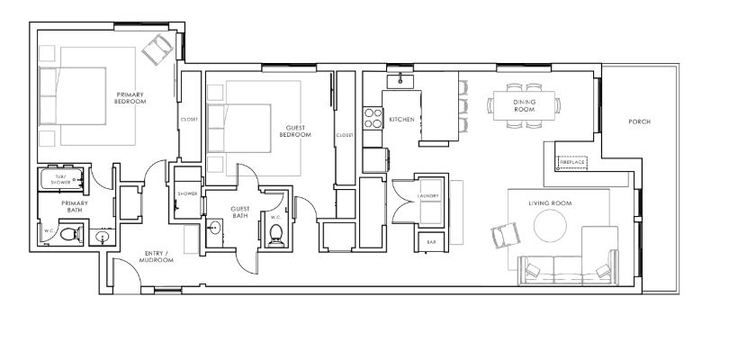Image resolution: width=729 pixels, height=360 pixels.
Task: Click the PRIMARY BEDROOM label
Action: tap(130, 98)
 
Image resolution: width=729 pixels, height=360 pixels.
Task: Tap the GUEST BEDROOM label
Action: tap(295, 131)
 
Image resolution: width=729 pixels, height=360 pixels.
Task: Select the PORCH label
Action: tap(639, 121)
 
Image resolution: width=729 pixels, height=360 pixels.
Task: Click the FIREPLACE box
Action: tap(571, 162)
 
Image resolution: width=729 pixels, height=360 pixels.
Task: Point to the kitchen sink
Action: tap(400, 81)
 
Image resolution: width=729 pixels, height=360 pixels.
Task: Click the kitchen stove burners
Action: tap(373, 118)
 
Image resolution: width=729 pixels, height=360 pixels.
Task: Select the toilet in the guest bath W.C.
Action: tap(276, 235)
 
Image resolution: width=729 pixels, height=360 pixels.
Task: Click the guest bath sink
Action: tap(214, 228)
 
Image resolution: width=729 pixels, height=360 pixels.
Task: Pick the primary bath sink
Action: tap(103, 238)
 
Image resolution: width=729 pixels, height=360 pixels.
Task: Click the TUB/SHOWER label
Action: tap(60, 179)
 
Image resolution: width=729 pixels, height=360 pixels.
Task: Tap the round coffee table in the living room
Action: tap(550, 226)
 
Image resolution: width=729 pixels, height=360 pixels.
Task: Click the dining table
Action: tap(524, 105)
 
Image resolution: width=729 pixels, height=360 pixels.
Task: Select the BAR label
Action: tap(431, 242)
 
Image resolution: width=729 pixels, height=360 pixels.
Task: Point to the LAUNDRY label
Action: tap(428, 196)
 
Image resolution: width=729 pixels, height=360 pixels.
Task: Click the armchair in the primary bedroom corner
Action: tap(157, 49)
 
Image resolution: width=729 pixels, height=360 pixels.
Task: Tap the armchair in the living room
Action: tap(507, 235)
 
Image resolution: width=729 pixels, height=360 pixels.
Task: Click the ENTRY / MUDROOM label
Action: tap(157, 256)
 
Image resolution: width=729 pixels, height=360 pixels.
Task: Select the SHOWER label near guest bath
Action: tap(187, 193)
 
